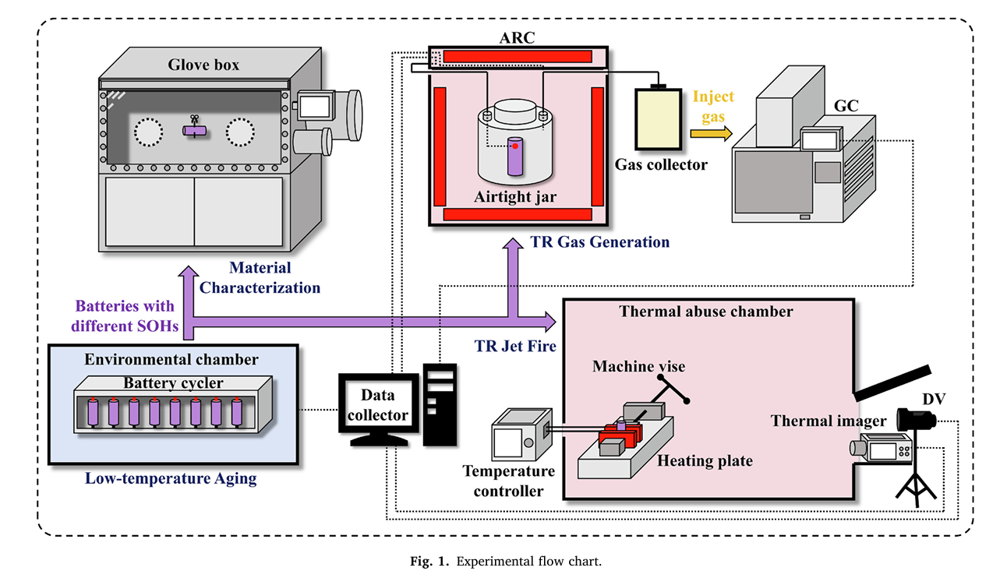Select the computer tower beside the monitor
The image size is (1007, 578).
click(439, 404)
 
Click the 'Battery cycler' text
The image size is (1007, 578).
click(173, 382)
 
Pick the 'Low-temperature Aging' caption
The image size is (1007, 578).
click(171, 478)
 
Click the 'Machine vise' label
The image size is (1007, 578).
click(632, 366)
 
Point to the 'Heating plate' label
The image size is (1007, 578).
click(705, 460)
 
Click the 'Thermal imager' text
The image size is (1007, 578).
click(829, 421)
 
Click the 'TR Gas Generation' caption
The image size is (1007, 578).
click(599, 241)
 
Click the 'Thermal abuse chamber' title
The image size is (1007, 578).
click(706, 312)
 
